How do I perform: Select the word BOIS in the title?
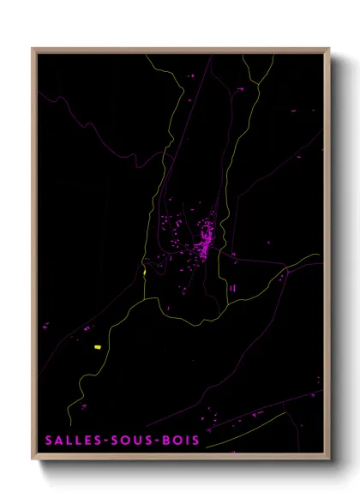183,441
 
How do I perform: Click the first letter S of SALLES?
49,441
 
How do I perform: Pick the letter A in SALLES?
58,441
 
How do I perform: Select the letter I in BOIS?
189,441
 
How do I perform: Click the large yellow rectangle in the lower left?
98,347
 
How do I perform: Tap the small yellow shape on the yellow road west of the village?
145,273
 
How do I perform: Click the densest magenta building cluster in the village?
206,232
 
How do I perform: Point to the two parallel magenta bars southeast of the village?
232,289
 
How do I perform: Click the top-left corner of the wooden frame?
33,49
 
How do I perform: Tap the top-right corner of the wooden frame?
328,49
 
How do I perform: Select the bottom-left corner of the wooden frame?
33,459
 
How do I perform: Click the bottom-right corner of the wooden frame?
328,459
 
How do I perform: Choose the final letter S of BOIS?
196,441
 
